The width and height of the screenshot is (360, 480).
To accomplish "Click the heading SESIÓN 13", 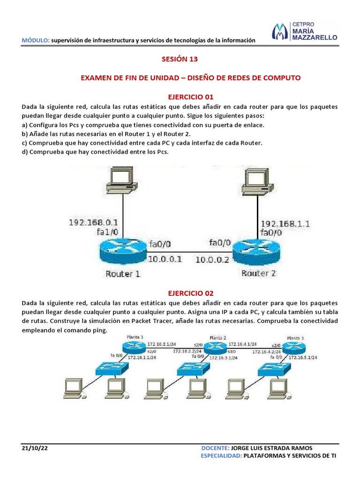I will [180, 59].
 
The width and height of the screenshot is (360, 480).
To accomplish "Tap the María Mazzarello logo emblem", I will [280, 31].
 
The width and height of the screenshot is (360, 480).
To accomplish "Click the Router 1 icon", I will [123, 251].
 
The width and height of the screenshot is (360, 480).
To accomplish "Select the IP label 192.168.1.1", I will [285, 224].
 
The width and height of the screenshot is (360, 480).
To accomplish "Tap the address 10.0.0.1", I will [165, 259].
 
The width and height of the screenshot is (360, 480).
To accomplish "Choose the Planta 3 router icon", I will [294, 347].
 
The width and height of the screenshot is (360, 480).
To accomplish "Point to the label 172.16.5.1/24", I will [303, 357].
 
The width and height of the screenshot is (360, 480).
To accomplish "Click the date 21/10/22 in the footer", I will [35, 448].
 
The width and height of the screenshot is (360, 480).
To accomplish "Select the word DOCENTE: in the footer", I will [215, 448].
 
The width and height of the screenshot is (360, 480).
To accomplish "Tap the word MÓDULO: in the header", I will [36, 40].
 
